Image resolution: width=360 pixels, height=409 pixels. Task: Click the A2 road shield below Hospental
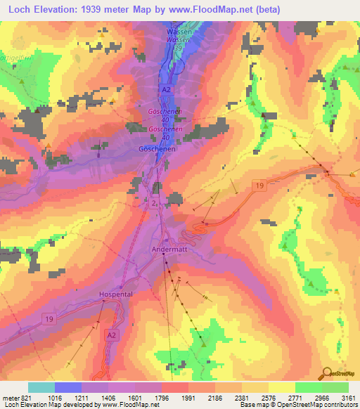point(111,335)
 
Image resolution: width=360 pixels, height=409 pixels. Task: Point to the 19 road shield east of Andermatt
point(259,186)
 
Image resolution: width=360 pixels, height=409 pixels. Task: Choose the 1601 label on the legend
point(134,397)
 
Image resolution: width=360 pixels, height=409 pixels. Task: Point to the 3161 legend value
point(349,397)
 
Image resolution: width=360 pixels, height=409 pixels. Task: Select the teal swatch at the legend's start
point(41,387)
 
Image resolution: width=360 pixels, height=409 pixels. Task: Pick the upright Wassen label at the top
point(179,32)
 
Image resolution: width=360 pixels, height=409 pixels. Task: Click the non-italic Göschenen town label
point(155,150)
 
